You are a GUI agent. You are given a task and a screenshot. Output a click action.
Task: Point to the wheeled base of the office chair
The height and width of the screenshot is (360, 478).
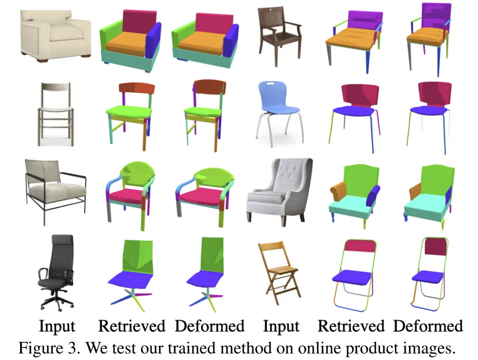coord(56,301)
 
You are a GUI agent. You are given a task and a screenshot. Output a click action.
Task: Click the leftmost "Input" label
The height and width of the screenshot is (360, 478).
coord(56,326)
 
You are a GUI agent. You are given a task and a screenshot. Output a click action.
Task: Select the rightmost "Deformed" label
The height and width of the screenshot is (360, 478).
coord(428,326)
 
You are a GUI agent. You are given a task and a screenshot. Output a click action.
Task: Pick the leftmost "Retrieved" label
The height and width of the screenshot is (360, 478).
coord(132,326)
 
